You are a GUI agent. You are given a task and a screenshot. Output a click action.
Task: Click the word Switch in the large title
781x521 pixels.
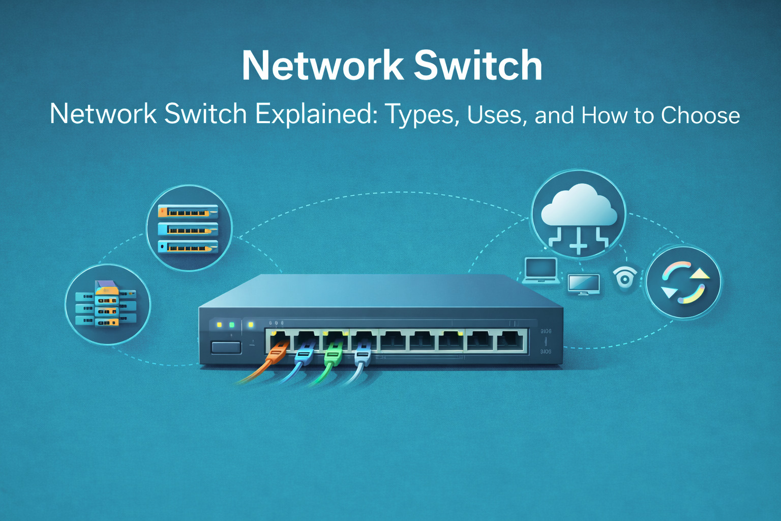point(478,66)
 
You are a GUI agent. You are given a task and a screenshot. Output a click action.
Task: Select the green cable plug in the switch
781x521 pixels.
point(333,352)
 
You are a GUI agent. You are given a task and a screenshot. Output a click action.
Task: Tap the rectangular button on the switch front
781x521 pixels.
point(226,348)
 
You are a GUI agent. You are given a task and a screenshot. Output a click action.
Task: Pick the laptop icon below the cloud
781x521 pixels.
point(541,270)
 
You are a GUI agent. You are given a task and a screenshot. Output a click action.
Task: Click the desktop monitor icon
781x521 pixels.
point(583,284)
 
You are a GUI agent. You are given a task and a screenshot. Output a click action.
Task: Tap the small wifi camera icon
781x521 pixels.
point(625,278)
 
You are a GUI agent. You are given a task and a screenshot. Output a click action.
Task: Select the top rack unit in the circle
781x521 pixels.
point(188,211)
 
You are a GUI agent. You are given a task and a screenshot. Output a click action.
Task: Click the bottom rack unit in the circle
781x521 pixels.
point(188,247)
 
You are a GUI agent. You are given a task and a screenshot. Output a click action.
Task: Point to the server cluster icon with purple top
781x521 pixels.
point(106,304)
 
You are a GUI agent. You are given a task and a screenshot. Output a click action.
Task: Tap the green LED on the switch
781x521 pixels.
point(232,325)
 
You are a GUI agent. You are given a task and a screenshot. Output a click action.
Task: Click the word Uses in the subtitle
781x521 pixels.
point(494,115)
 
